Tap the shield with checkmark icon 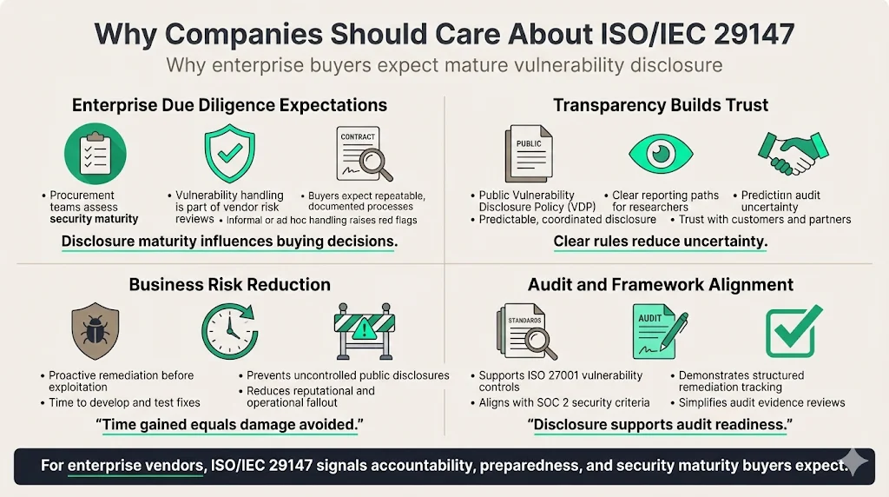pos(229,156)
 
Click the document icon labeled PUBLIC pos(527,155)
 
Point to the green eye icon pos(662,155)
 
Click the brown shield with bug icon pos(95,331)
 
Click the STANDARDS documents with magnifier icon pos(527,330)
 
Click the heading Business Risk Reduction pos(229,284)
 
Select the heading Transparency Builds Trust pos(661,105)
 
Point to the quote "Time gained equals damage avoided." pos(229,425)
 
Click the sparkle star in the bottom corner pos(854,462)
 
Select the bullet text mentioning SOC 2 pos(564,403)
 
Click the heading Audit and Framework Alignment pos(661,284)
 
